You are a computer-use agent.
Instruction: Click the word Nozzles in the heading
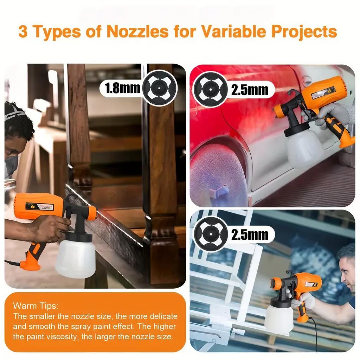click(x=137, y=32)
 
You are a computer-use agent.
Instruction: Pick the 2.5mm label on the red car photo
click(x=249, y=90)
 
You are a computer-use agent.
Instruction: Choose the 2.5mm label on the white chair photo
click(x=249, y=234)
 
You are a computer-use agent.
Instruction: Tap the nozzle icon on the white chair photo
click(x=211, y=234)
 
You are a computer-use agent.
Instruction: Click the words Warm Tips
click(x=36, y=305)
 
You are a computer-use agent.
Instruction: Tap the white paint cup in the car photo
click(x=304, y=148)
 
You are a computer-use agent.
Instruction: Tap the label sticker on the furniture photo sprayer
click(x=40, y=207)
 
